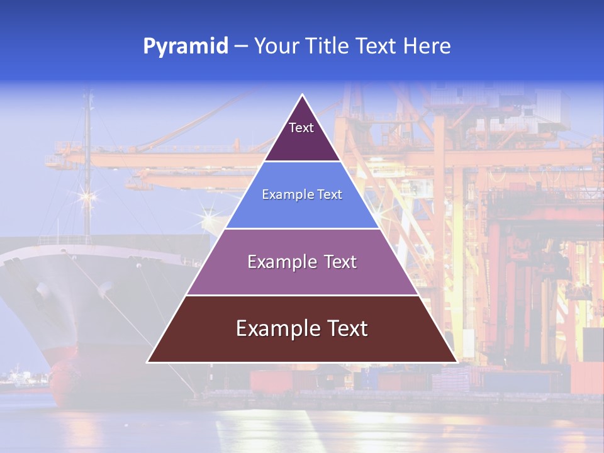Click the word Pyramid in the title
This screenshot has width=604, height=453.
(x=186, y=47)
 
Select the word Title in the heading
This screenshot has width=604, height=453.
(x=328, y=47)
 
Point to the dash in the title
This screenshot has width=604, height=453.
(x=241, y=47)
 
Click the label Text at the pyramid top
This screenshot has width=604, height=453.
(x=301, y=128)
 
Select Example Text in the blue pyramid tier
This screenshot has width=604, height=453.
(x=302, y=194)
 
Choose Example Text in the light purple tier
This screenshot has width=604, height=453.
(x=302, y=262)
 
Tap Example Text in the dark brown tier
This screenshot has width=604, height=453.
(x=302, y=328)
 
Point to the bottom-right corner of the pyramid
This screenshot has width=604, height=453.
(x=456, y=362)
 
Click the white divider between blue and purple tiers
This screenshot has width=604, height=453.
(x=302, y=228)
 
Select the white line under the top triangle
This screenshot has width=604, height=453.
(x=302, y=162)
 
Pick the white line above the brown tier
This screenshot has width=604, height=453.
(x=302, y=295)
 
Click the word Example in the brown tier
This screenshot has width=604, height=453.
(x=273, y=328)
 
